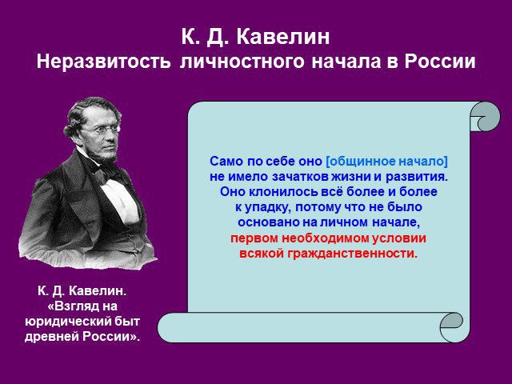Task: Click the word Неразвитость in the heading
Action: point(103,61)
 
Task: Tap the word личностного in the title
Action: point(242,62)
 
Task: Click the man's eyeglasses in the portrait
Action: point(101,130)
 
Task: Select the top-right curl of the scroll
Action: point(485,117)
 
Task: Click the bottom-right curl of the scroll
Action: point(451,326)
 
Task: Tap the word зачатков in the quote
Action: point(301,177)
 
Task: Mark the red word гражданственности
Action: point(352,254)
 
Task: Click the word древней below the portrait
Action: point(51,337)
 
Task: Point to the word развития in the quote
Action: point(417,177)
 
